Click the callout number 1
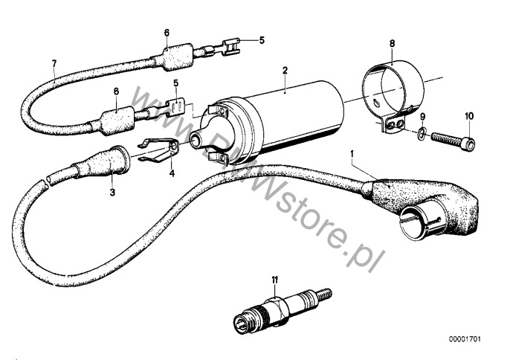coord(352,153)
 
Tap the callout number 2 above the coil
coord(285,70)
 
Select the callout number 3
coord(112,193)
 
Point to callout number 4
coord(172,173)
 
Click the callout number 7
coord(54,63)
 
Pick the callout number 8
coord(392,43)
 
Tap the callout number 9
coord(422,116)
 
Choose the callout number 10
coord(469,116)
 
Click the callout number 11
coord(275,280)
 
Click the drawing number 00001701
coord(465,339)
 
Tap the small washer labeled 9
coord(422,133)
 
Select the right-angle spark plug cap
coord(423,208)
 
